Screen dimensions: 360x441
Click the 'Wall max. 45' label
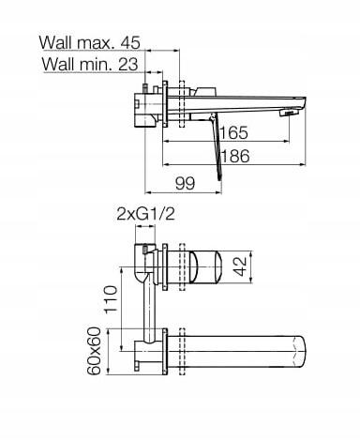pyautogui.click(x=90, y=42)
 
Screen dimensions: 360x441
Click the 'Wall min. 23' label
pyautogui.click(x=90, y=64)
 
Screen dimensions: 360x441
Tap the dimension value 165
pyautogui.click(x=234, y=132)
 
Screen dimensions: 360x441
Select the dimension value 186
pyautogui.click(x=235, y=156)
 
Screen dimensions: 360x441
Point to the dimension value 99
pyautogui.click(x=185, y=183)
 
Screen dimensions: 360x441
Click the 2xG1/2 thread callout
pyautogui.click(x=145, y=214)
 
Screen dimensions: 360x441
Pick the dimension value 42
pyautogui.click(x=241, y=266)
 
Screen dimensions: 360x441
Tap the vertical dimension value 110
pyautogui.click(x=111, y=299)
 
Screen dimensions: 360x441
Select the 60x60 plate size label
pyautogui.click(x=94, y=351)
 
